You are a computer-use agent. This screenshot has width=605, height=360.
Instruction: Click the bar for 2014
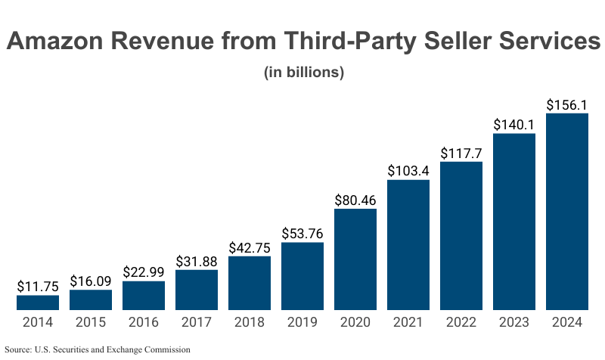pyautogui.click(x=38, y=303)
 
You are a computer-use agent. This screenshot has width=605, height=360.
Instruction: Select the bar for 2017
pyautogui.click(x=197, y=290)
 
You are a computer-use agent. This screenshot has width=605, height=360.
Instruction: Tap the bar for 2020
pyautogui.click(x=355, y=259)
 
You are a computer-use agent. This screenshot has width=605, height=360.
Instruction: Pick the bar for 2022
pyautogui.click(x=461, y=236)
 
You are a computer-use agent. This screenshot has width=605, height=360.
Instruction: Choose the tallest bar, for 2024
pyautogui.click(x=567, y=212)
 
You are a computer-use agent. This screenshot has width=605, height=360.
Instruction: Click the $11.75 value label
pyautogui.click(x=38, y=287)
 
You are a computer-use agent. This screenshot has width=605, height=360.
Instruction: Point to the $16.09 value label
pyautogui.click(x=91, y=281)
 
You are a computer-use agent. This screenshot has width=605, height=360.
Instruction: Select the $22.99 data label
pyautogui.click(x=144, y=272)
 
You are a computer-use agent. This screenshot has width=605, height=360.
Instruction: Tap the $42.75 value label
pyautogui.click(x=250, y=247)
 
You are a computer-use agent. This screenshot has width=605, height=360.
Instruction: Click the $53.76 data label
pyautogui.click(x=302, y=234)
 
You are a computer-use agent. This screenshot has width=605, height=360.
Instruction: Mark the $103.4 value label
pyautogui.click(x=408, y=171)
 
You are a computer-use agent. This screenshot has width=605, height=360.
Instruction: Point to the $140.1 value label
pyautogui.click(x=514, y=125)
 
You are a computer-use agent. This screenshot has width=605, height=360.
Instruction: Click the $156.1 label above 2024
pyautogui.click(x=567, y=105)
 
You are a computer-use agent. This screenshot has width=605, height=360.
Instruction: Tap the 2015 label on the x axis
pyautogui.click(x=91, y=322)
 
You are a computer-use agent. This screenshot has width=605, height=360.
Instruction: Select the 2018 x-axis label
pyautogui.click(x=250, y=322)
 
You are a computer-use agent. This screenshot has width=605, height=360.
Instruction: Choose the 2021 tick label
pyautogui.click(x=408, y=322)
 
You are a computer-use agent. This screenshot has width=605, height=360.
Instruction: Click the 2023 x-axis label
pyautogui.click(x=514, y=322)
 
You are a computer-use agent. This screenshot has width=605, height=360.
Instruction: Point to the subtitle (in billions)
pyautogui.click(x=304, y=73)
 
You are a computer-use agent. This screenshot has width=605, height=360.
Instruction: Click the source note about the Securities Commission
pyautogui.click(x=98, y=350)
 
